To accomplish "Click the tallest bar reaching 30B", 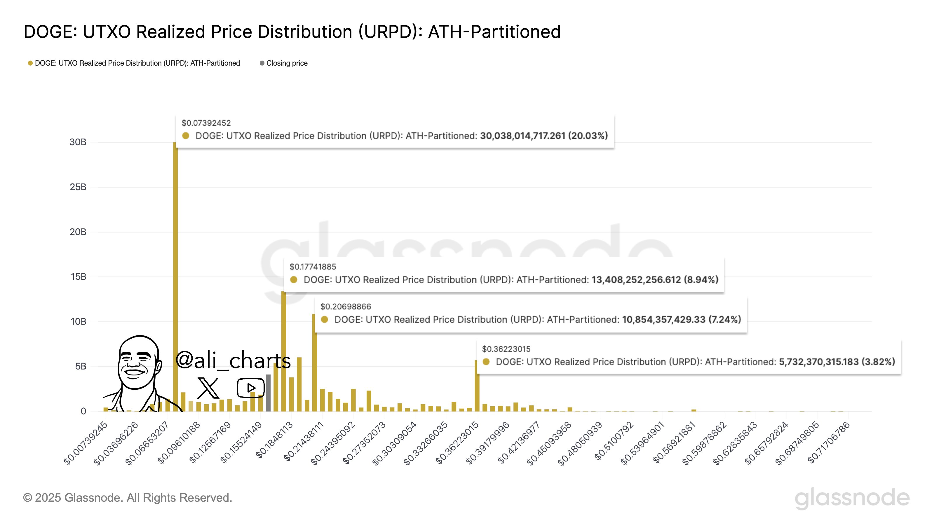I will (175, 275).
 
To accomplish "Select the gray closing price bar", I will (268, 393).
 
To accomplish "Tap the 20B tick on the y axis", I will (78, 232).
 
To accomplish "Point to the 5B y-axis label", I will (81, 366).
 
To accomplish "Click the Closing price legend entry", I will (286, 63).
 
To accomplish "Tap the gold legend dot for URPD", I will (30, 63).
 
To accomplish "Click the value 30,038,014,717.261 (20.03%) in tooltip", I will (543, 136).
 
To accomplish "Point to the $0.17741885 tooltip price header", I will (313, 267).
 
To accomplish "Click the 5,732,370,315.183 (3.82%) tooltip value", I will (837, 362).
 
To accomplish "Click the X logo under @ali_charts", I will (208, 388).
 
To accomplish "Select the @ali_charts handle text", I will (233, 360).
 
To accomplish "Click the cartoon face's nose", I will (137, 363).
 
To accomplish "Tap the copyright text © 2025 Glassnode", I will (127, 498).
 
